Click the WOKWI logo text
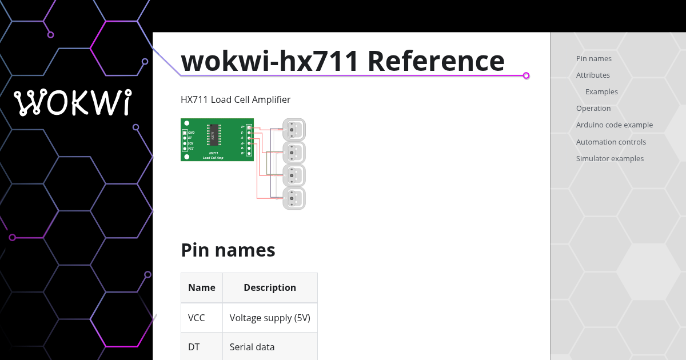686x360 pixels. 73,103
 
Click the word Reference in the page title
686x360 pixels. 436,61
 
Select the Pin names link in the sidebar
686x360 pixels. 593,58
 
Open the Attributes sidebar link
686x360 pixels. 593,75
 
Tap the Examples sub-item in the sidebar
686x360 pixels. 601,91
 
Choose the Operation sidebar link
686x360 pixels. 593,108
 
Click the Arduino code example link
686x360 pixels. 614,125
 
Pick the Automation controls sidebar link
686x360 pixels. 611,142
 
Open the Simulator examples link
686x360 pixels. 609,158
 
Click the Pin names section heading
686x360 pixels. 228,250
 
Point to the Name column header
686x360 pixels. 201,287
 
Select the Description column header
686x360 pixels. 270,287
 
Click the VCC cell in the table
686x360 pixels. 196,317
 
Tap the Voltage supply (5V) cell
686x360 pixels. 270,317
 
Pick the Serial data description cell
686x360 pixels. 252,347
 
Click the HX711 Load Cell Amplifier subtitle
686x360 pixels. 236,99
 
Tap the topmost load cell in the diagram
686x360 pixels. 294,130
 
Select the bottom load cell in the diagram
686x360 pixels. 294,198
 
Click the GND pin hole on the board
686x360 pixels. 185,133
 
